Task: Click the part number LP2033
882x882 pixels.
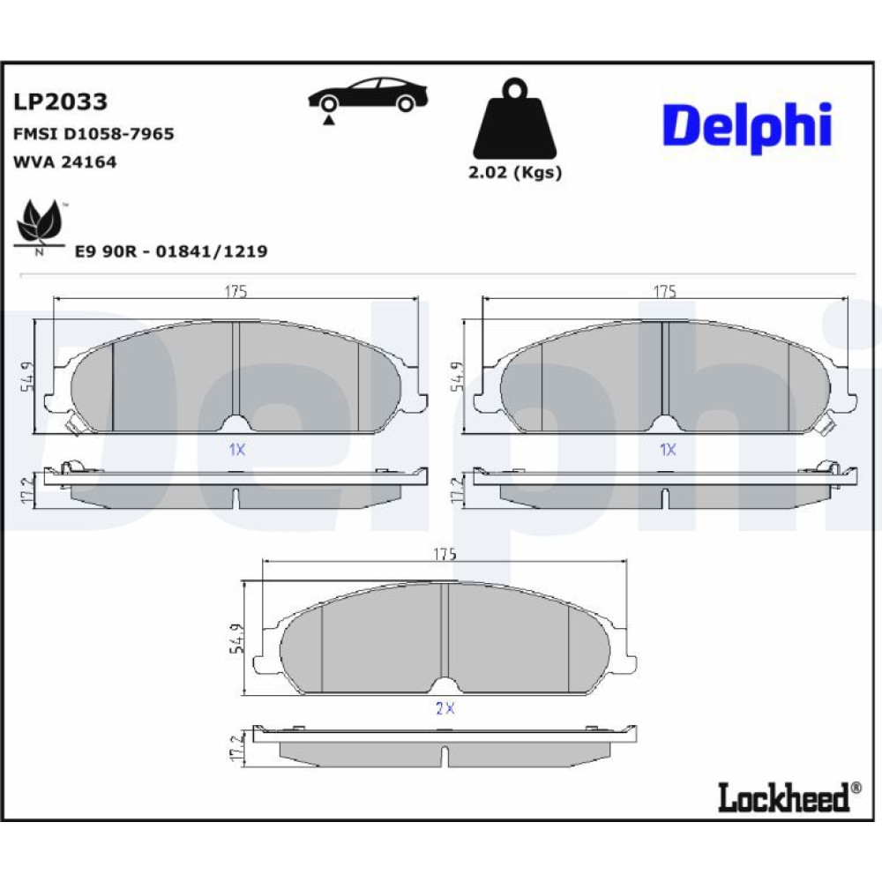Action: (x=60, y=101)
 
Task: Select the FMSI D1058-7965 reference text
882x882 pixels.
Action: (x=93, y=134)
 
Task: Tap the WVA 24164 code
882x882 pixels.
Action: (x=64, y=162)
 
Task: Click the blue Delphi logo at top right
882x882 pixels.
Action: (x=747, y=126)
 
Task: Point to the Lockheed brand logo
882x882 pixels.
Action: (x=789, y=796)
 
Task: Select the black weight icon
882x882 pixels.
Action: (x=515, y=119)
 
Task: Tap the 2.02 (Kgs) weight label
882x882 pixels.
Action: (x=515, y=172)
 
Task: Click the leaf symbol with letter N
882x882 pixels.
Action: (x=40, y=228)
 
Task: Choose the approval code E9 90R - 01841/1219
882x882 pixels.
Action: (x=171, y=250)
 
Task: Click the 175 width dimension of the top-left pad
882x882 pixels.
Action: (x=235, y=291)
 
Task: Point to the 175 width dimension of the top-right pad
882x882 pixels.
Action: (x=664, y=291)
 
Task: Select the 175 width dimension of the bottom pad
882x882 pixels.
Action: (x=445, y=554)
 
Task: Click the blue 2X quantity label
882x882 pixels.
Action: (x=445, y=708)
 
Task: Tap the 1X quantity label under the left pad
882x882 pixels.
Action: (x=236, y=450)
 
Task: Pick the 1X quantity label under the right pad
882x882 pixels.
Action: (x=668, y=450)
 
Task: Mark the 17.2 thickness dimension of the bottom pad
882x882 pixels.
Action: (x=236, y=747)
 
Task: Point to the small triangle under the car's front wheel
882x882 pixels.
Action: (x=329, y=119)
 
